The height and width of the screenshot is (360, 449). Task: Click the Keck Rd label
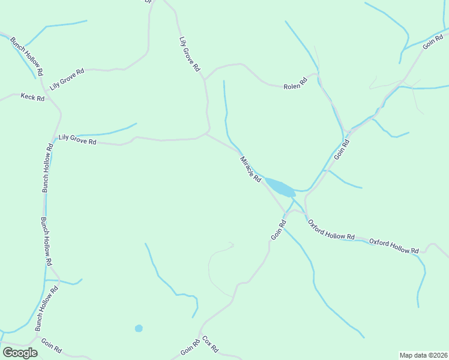[32, 97]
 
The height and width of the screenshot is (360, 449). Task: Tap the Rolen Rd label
[295, 86]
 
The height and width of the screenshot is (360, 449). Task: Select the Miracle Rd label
[251, 170]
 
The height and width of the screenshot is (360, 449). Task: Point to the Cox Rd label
[210, 344]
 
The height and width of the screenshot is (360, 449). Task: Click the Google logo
[20, 353]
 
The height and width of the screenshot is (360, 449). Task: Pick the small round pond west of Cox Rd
[139, 328]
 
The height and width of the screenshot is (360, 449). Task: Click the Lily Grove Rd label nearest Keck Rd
[67, 79]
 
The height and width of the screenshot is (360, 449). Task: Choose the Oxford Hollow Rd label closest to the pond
[331, 230]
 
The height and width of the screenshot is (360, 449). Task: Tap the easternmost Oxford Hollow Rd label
[394, 246]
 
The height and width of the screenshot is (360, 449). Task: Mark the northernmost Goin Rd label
[432, 40]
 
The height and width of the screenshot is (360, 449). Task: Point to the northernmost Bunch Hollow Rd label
[27, 55]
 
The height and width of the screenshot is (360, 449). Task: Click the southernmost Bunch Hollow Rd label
[46, 308]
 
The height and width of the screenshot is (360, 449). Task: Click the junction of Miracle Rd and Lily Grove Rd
[206, 134]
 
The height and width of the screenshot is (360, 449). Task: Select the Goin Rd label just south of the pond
[279, 230]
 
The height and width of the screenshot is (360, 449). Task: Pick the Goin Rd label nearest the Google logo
[51, 346]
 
